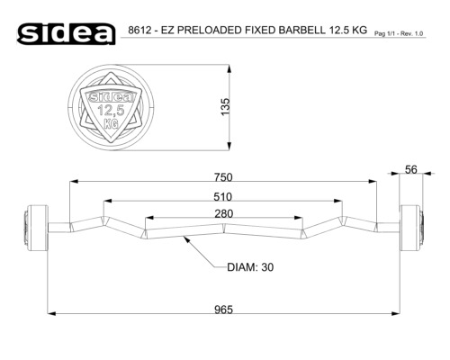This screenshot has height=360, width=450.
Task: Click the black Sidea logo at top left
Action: tap(67, 34)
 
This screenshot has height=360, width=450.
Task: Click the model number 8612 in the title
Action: tap(139, 30)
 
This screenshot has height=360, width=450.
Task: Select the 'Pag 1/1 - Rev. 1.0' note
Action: tap(399, 33)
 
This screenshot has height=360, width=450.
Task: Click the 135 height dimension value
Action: tap(225, 106)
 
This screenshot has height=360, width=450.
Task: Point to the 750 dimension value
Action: tap(223, 177)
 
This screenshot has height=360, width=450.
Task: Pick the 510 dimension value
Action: tap(223, 197)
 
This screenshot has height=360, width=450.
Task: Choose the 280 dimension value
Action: tap(223, 213)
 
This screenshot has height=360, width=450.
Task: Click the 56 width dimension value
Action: tap(411, 169)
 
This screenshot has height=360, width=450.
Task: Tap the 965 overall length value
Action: tap(223, 310)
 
